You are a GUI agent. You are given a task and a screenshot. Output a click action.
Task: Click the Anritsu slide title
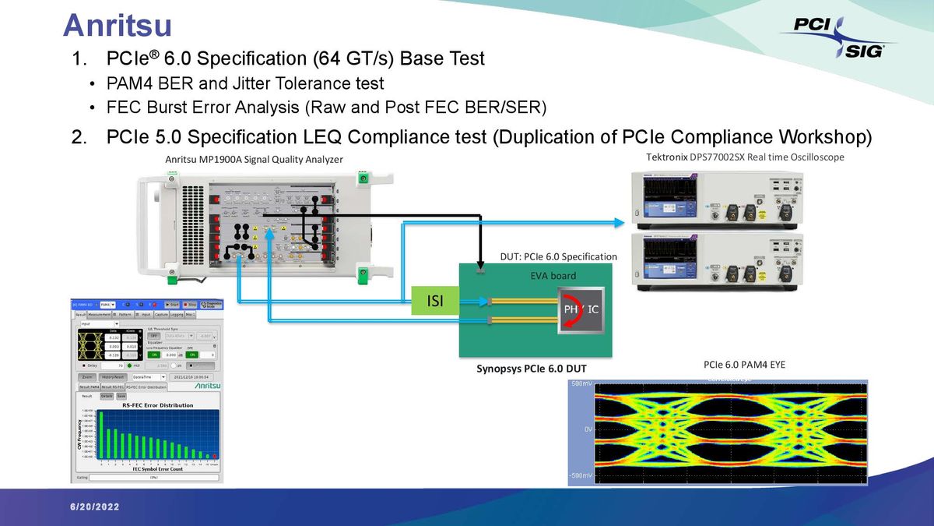(x=117, y=25)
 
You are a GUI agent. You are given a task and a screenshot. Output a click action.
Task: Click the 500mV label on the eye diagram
(x=581, y=385)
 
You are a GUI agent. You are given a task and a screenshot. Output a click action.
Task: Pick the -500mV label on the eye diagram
(x=580, y=475)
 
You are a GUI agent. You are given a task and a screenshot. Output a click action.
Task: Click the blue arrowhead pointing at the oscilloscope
(x=620, y=223)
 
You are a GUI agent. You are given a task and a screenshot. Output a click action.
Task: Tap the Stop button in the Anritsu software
(x=189, y=304)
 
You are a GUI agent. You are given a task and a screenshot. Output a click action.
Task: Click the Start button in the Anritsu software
(x=171, y=304)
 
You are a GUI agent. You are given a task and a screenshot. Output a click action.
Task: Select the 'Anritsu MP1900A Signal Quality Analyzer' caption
(x=254, y=160)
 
